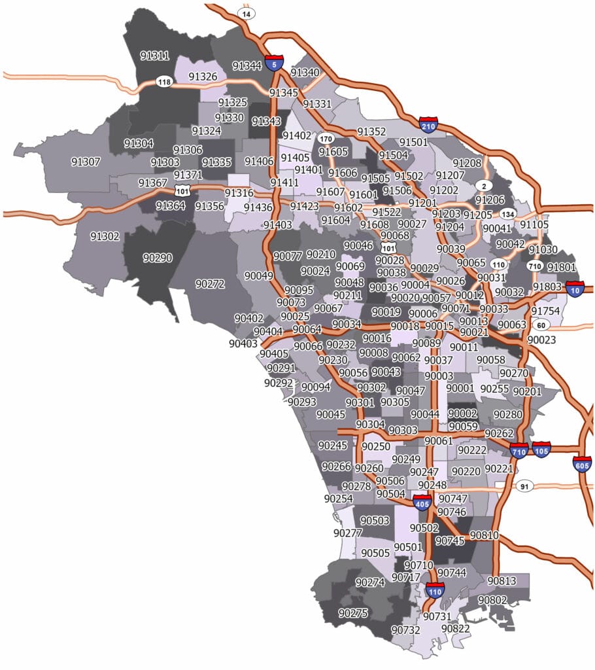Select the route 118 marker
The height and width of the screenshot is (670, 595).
[x=164, y=82]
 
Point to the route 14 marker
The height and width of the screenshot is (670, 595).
[x=247, y=12]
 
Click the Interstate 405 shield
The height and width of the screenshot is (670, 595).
[x=422, y=502]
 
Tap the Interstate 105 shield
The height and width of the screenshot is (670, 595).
[x=541, y=450]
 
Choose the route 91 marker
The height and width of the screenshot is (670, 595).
[x=524, y=486]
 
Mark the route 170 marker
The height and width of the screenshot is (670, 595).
[x=325, y=139]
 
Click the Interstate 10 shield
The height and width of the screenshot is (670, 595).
[x=576, y=289]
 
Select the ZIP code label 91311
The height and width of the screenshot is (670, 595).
[x=154, y=56]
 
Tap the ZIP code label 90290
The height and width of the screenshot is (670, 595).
[x=157, y=258]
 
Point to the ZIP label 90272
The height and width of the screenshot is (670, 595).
[x=210, y=283]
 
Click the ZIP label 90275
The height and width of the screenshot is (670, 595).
[x=352, y=613]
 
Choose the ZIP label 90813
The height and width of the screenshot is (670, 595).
[x=501, y=580]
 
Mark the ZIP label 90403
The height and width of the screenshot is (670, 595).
[x=243, y=343]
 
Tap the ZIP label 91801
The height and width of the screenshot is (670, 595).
[x=561, y=267]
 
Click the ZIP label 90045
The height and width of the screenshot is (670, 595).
[x=331, y=414]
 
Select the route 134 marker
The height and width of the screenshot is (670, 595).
[x=507, y=214]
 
